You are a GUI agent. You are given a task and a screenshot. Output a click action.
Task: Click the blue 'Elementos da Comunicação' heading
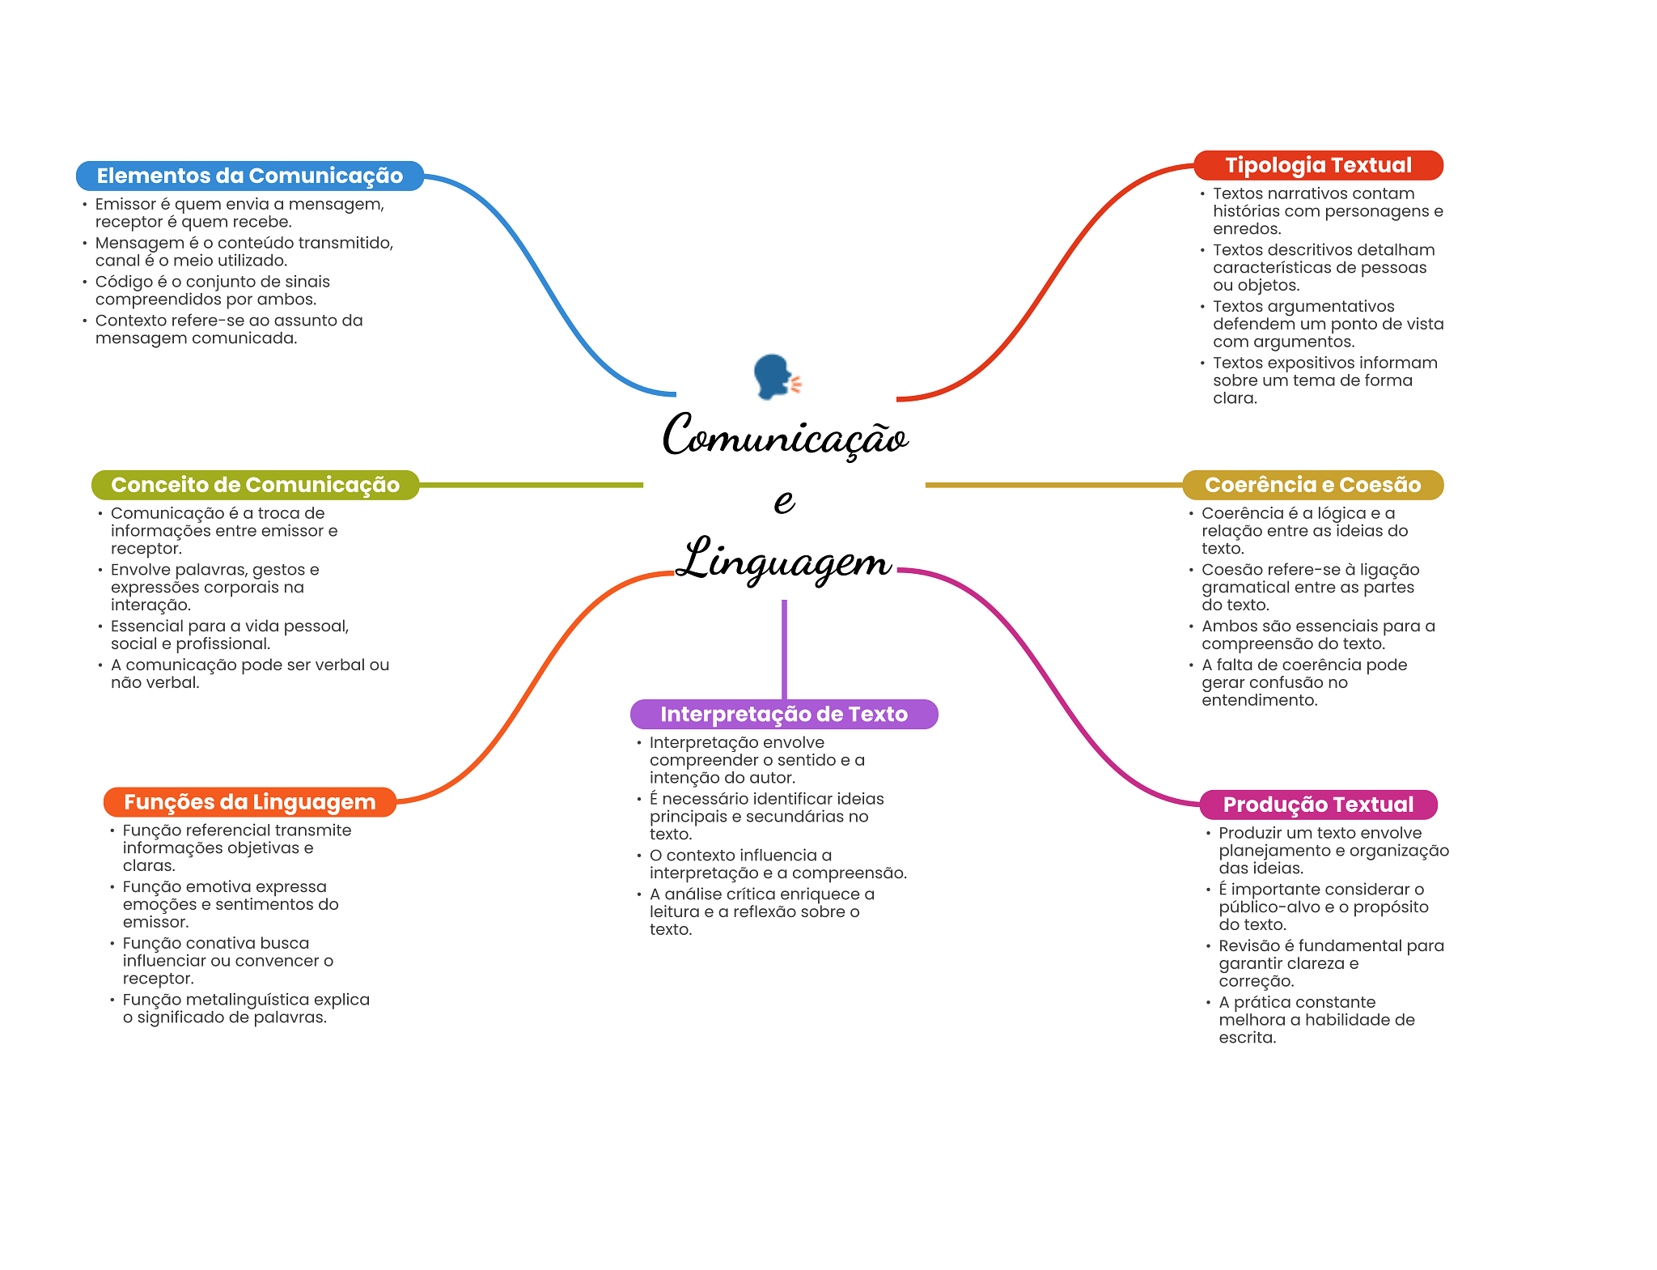[x=249, y=176]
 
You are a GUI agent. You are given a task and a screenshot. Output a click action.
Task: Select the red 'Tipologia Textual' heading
[x=1318, y=165]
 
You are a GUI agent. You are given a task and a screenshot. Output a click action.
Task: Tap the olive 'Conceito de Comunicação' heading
[x=255, y=485]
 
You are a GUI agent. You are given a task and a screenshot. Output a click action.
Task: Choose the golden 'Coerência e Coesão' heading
[x=1312, y=485]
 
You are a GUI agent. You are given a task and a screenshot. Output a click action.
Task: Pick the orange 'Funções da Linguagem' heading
[x=249, y=802]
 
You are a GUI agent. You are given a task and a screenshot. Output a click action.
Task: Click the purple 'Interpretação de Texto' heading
[x=783, y=714]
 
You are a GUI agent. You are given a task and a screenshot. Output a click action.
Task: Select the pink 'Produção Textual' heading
[x=1318, y=805]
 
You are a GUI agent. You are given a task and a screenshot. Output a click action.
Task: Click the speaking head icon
[x=775, y=376]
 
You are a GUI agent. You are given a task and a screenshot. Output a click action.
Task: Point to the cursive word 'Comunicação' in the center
[x=785, y=436]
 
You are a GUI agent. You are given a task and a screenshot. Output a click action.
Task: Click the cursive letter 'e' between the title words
[x=783, y=501]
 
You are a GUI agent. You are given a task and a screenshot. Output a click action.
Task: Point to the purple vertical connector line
[x=784, y=648]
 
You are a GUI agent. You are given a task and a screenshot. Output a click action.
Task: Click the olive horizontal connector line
[x=530, y=485]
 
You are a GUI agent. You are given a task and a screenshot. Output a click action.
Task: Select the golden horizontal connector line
[x=1052, y=485]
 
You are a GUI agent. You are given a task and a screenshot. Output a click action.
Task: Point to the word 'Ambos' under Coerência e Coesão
[x=1226, y=626]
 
